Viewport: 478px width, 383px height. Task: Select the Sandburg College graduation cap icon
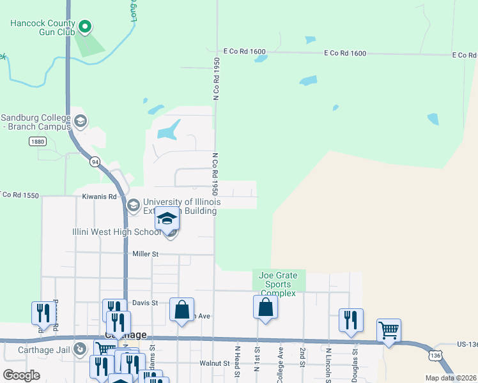[x=81, y=121]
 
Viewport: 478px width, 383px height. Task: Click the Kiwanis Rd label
[x=99, y=197]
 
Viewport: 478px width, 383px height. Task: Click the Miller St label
[x=145, y=254]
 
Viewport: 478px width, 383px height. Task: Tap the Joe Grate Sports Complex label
[x=279, y=284]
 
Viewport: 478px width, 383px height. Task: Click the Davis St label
[x=144, y=303]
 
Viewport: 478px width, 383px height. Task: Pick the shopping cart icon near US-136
[x=389, y=331]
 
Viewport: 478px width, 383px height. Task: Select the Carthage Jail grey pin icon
[x=79, y=349]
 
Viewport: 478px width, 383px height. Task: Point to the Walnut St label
[x=214, y=363]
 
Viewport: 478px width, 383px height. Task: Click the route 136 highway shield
[x=435, y=354]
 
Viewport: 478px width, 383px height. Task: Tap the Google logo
[x=21, y=375]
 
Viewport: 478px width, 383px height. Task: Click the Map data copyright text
[x=451, y=378]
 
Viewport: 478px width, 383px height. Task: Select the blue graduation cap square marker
[x=167, y=219]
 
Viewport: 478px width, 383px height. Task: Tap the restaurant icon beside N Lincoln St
[x=351, y=320]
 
